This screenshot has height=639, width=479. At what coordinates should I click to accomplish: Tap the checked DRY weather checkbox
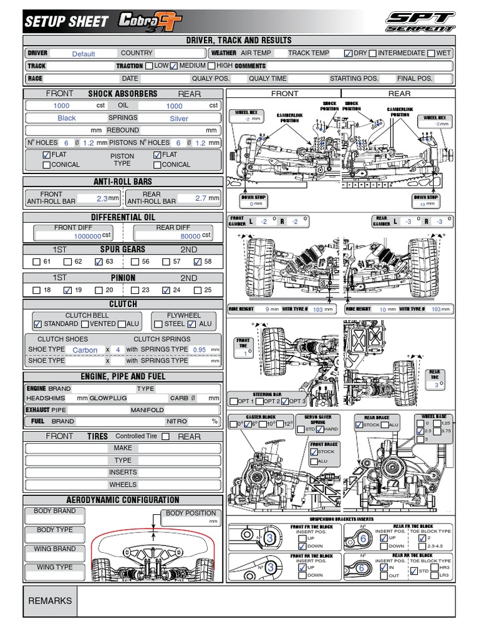click(348, 54)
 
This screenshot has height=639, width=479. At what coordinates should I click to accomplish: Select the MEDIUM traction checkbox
click(174, 66)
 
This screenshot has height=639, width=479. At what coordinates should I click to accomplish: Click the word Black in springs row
click(66, 118)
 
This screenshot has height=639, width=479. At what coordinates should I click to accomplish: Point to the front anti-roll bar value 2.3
click(102, 198)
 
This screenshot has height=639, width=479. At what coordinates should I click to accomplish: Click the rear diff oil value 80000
click(190, 236)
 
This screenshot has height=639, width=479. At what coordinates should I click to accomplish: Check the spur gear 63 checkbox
click(99, 262)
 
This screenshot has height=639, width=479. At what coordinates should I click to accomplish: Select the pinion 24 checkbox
click(166, 290)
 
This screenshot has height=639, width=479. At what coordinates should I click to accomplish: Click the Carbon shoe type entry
click(85, 350)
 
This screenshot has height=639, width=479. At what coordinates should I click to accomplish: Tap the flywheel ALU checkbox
click(192, 324)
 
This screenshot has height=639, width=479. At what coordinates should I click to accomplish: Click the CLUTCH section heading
click(123, 304)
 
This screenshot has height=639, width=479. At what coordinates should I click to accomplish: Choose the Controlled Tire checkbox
click(165, 437)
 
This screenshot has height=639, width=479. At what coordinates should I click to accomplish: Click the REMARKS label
click(51, 601)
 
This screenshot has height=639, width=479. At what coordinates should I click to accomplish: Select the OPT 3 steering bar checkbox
click(286, 401)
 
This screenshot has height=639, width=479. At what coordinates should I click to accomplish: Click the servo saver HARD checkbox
click(320, 430)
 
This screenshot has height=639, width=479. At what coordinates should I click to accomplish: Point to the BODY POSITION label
click(191, 513)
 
